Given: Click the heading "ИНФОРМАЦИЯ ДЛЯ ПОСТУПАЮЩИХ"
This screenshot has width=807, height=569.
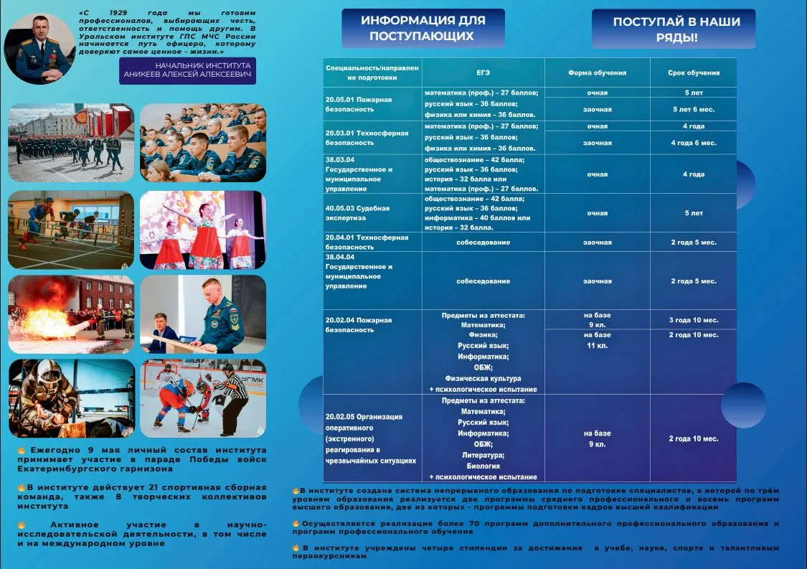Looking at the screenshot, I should click(423, 28).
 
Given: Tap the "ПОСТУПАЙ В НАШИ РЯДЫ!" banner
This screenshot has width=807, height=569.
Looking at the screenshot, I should click(673, 29).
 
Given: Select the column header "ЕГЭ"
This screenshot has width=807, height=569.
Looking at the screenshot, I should click(483, 72).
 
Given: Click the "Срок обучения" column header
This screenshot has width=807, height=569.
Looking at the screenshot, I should click(693, 72).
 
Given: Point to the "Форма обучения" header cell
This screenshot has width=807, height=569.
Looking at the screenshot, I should click(597, 72).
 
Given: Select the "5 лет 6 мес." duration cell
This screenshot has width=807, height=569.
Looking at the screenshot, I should click(693, 110).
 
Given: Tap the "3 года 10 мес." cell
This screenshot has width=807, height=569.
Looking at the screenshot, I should click(693, 319).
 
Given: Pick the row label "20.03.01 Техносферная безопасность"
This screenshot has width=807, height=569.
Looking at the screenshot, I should click(366, 138).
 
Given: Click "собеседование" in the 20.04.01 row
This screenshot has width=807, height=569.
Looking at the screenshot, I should click(483, 242).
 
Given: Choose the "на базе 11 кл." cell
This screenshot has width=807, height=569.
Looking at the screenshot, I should click(597, 340).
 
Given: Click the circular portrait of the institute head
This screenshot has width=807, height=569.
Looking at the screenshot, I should click(40, 48).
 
